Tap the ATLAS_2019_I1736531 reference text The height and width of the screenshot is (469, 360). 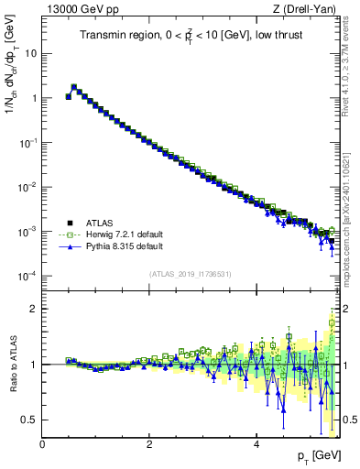(x=190, y=274)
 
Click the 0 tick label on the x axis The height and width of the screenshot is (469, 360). (x=42, y=445)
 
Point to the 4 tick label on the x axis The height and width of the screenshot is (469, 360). (x=256, y=445)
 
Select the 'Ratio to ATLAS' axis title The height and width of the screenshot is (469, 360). (x=12, y=365)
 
